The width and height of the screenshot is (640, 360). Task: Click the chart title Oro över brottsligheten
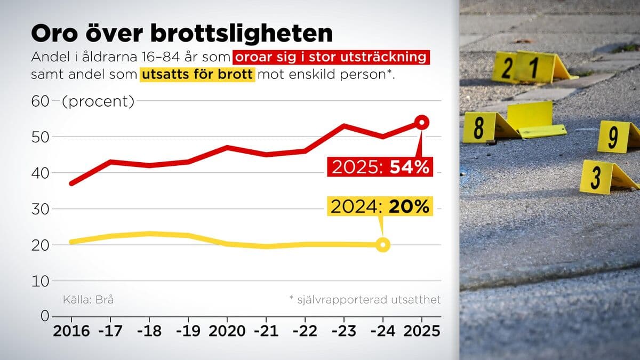(x=182, y=34)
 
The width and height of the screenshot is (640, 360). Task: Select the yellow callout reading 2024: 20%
(x=379, y=207)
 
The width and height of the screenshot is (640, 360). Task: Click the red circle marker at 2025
(x=421, y=123)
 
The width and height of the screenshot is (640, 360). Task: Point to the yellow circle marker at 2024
(x=382, y=245)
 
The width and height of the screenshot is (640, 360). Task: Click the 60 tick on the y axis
(x=41, y=101)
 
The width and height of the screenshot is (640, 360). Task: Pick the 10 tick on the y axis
(x=41, y=281)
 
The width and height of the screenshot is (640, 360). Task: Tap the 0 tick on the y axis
(x=45, y=316)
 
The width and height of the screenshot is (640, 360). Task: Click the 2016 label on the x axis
(x=71, y=331)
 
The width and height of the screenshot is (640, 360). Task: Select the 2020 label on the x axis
(x=227, y=331)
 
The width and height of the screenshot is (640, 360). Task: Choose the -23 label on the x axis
(x=344, y=331)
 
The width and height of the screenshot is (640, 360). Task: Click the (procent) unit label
(x=98, y=101)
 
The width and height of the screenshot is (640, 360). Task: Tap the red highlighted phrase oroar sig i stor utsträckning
(x=331, y=57)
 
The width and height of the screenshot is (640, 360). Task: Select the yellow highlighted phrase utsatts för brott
(x=197, y=74)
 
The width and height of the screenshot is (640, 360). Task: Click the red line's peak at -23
(x=344, y=126)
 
